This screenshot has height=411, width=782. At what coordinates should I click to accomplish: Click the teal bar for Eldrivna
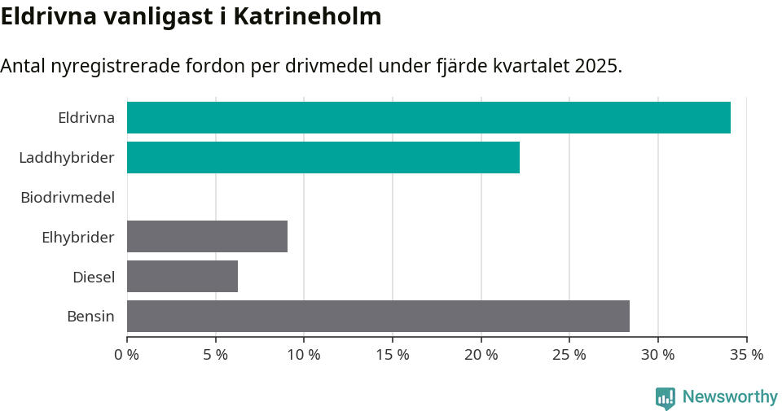click(x=428, y=117)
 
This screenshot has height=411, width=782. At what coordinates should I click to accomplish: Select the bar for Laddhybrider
click(x=323, y=157)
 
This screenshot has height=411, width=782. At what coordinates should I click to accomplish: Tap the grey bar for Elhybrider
click(x=207, y=236)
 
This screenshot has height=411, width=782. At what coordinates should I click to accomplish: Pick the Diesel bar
click(x=182, y=276)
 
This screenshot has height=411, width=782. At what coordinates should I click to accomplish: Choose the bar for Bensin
click(x=378, y=316)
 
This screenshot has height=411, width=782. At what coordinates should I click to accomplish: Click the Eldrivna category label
click(x=86, y=117)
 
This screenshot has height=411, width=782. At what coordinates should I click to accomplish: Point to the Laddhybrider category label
click(x=67, y=157)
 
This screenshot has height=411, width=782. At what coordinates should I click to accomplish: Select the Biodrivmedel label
click(x=68, y=197)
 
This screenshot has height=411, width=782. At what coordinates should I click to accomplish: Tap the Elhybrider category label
click(x=78, y=237)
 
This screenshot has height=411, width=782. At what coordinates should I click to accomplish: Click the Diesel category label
click(x=94, y=277)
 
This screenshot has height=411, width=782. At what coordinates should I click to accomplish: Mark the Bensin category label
click(x=90, y=317)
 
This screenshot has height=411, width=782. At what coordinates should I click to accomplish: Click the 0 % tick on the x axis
click(x=127, y=355)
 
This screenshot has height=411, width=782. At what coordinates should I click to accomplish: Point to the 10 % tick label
click(x=304, y=355)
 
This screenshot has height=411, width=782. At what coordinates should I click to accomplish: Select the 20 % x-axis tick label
click(x=481, y=355)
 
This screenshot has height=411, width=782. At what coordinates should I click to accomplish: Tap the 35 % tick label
click(x=746, y=355)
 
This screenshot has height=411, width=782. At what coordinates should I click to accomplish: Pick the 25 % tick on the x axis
click(x=569, y=355)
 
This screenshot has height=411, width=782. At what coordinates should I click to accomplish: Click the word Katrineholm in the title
click(x=307, y=16)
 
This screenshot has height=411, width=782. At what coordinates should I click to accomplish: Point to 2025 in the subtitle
click(x=597, y=66)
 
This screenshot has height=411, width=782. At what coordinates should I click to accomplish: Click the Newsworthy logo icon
click(x=666, y=397)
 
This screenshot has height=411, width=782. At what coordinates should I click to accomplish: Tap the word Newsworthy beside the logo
click(x=730, y=397)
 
